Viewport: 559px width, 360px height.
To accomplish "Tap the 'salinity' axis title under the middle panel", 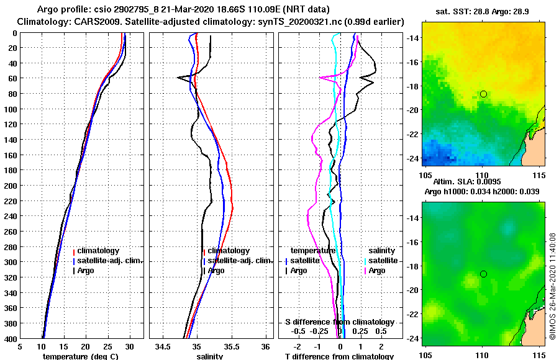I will point(209,356).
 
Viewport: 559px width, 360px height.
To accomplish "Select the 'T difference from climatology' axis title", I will point(339,356).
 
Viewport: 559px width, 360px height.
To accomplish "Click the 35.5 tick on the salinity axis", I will point(231,347).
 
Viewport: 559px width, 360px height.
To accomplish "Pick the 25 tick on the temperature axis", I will point(107,347).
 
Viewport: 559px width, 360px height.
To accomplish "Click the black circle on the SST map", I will point(483,94).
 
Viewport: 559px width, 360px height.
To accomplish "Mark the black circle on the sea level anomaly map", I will point(483,274).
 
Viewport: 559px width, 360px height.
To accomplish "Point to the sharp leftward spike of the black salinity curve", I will point(179,78).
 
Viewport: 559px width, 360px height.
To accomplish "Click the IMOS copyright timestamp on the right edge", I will point(552,287).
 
